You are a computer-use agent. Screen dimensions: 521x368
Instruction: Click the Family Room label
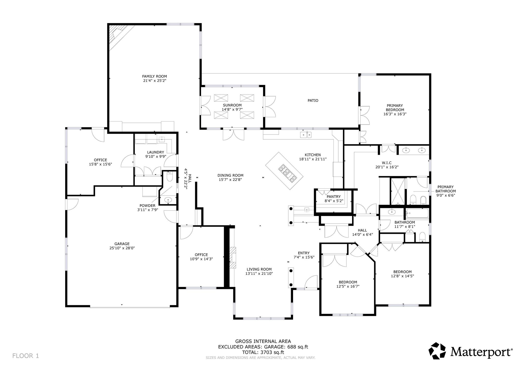[154, 76]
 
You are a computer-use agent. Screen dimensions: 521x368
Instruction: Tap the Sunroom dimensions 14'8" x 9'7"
[232, 110]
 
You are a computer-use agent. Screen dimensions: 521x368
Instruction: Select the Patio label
[313, 101]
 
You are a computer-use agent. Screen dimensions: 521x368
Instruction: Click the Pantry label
[334, 196]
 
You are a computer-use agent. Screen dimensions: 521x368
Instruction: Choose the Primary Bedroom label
[395, 108]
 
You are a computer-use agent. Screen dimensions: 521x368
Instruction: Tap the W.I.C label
[387, 163]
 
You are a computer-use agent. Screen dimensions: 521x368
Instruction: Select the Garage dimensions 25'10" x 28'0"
[122, 248]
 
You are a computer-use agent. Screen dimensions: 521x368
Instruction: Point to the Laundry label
[155, 152]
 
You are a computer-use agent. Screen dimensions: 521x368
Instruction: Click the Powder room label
[147, 206]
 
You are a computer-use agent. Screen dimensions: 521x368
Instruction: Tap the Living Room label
[259, 269]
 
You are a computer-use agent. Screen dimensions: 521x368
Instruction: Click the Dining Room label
[230, 175]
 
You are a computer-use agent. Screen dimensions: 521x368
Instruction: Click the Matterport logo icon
[438, 351]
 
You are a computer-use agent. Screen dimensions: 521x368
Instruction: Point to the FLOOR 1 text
[25, 356]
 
